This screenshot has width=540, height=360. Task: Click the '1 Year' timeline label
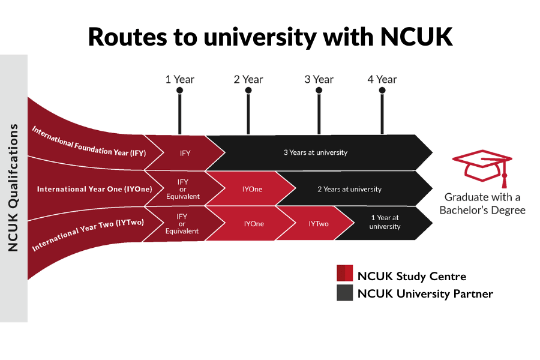point(180,79)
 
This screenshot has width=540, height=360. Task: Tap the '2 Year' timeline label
point(248,79)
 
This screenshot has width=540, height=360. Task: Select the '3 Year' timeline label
point(319,79)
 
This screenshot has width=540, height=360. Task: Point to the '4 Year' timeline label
point(382,79)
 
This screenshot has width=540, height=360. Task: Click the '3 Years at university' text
point(316,152)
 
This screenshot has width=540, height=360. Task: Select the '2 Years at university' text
point(349,189)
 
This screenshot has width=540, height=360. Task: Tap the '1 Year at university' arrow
point(385,223)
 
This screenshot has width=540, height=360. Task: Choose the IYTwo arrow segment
point(319,223)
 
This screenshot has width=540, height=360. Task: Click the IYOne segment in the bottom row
point(254,223)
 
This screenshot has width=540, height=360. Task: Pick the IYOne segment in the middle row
point(253,189)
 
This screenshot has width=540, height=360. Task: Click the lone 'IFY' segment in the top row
point(185,153)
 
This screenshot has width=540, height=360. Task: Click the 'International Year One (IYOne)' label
point(94,189)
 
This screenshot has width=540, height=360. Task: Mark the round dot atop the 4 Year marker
point(382,91)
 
